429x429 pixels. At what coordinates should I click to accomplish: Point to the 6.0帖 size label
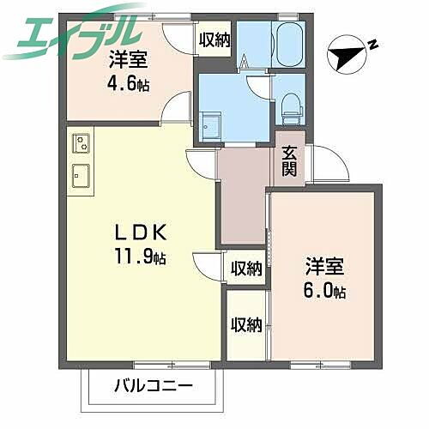coord(324,292)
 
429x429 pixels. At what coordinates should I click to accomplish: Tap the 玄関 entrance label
coord(289,160)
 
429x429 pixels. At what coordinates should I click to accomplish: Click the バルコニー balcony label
coord(149,386)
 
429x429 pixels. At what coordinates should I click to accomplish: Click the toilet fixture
coord(290,103)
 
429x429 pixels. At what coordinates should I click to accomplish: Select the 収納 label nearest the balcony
coord(246,324)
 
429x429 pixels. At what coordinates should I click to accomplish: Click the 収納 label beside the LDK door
coord(246,269)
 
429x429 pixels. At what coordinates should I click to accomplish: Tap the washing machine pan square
coord(210,124)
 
